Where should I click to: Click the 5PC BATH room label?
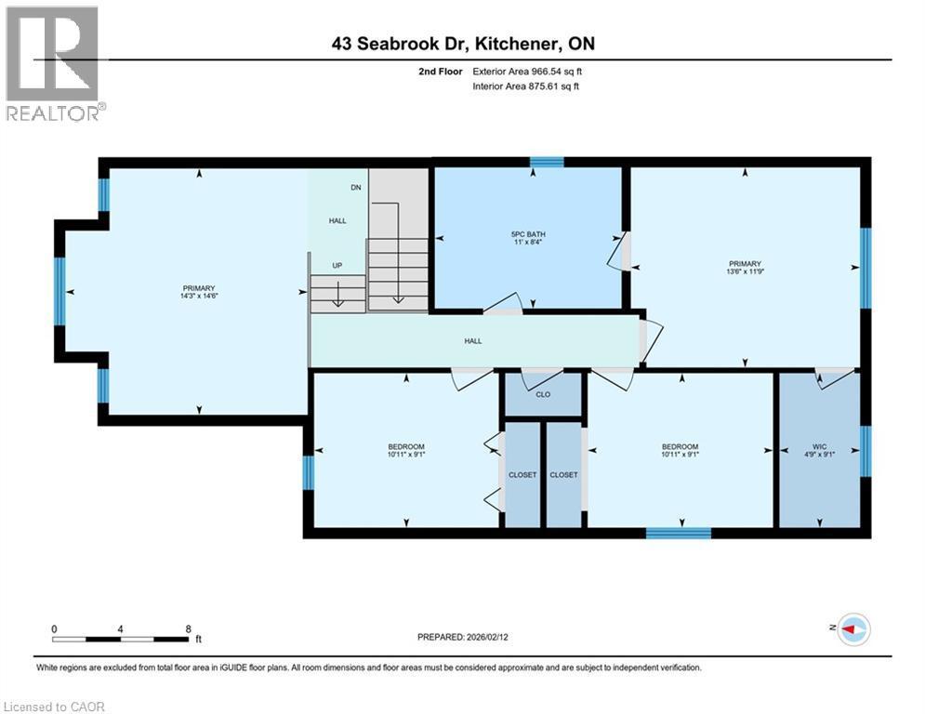coord(529,233)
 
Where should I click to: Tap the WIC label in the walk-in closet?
coord(819,446)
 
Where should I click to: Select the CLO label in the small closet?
coord(543,394)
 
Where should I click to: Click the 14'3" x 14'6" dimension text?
coord(200,297)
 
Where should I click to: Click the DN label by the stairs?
coord(355,188)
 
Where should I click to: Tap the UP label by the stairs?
coord(337,266)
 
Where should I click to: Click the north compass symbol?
coord(852,629)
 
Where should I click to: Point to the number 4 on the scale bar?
coord(121,628)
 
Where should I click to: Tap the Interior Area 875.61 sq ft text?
coord(525,86)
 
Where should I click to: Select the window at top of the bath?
coord(547,162)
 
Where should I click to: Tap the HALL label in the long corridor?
coord(473,341)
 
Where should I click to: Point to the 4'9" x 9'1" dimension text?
coord(819,456)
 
